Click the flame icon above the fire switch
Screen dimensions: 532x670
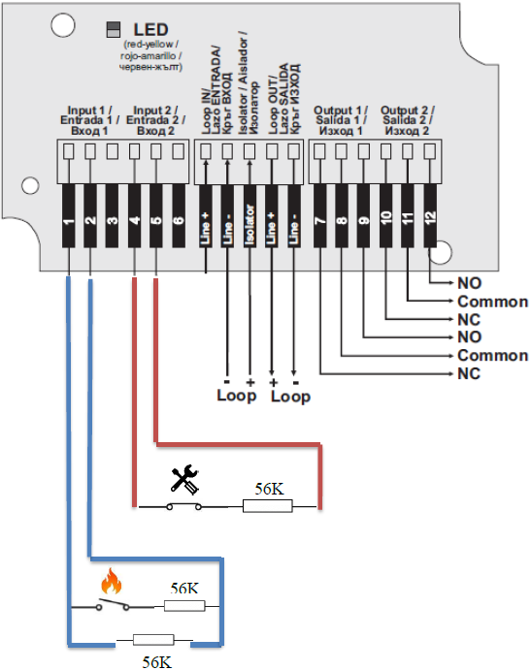tap(112, 581)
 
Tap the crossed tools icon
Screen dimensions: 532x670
tap(184, 480)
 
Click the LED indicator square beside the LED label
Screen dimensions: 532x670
tap(113, 29)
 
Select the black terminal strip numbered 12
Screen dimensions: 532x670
tap(430, 216)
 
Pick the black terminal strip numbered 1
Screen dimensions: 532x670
tap(68, 216)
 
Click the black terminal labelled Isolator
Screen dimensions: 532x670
tap(249, 216)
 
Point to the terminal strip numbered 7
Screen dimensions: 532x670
tap(320, 216)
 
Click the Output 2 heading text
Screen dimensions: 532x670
tap(407, 120)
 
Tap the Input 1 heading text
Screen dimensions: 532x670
tap(89, 120)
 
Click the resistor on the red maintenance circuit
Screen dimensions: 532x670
tap(268, 506)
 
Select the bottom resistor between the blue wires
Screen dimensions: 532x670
tap(153, 640)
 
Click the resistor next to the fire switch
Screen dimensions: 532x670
tap(184, 606)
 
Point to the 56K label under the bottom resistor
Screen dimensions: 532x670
tap(157, 662)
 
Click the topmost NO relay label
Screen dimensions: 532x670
tap(470, 283)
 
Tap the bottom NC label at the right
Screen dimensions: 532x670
tap(469, 373)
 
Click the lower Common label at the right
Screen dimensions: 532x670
tap(492, 356)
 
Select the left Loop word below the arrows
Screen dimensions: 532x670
tap(237, 397)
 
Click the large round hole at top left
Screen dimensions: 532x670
tap(63, 25)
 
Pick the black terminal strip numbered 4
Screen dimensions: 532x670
tap(134, 216)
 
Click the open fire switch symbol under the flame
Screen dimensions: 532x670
tap(113, 605)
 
